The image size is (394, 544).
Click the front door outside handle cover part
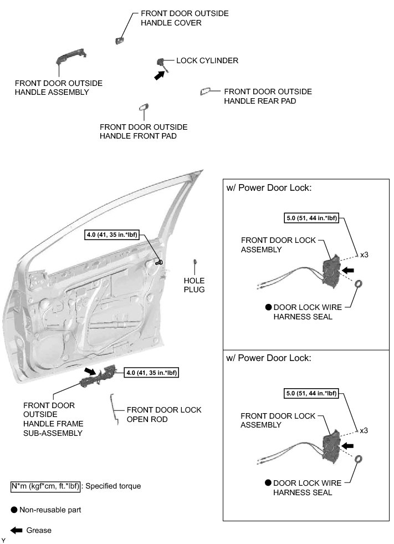pos(119,39)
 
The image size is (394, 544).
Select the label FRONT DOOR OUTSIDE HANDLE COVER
pos(177,18)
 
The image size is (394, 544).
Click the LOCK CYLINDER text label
pos(207,60)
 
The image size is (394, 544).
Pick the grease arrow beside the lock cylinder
pos(160,77)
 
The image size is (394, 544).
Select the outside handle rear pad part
pos(204,91)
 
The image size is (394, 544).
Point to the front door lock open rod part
pos(115,408)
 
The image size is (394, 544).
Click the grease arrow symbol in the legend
pos(17,530)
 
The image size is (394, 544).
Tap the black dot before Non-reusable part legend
pos(14,509)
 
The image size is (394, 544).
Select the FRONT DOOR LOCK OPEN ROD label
pos(164,415)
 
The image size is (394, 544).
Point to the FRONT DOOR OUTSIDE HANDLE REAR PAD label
pos(268,96)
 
